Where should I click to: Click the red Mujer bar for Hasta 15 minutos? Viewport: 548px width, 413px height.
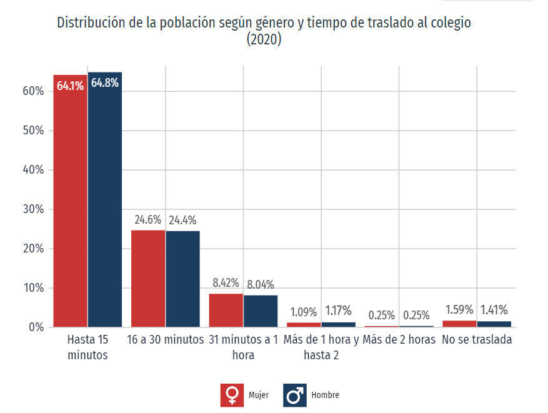click(70, 206)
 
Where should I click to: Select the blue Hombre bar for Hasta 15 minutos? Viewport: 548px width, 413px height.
click(104, 206)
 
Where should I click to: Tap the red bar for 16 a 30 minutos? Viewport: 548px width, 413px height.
click(148, 278)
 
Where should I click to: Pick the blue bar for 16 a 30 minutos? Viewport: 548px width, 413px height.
click(182, 279)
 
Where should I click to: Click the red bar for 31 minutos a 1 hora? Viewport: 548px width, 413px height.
click(226, 310)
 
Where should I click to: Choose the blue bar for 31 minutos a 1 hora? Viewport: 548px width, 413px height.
click(260, 311)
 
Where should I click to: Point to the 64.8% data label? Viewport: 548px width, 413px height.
click(104, 83)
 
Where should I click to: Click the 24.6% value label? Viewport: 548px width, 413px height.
click(148, 220)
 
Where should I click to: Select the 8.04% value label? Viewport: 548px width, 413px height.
click(260, 285)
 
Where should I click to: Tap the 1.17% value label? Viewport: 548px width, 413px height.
click(338, 311)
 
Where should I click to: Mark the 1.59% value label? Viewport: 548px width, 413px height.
click(459, 309)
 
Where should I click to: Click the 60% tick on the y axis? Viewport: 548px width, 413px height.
click(33, 91)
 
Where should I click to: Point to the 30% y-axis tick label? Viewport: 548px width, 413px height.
click(33, 209)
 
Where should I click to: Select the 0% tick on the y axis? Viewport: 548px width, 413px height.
click(36, 327)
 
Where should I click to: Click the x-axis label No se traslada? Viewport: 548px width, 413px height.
click(477, 341)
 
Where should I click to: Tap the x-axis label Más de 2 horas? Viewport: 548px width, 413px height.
click(399, 341)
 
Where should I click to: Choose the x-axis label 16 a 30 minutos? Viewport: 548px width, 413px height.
click(166, 341)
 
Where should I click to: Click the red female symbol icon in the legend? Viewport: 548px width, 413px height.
click(232, 395)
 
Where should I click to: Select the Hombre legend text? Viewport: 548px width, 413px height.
click(325, 396)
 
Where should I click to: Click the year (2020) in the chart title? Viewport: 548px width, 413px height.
click(264, 40)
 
